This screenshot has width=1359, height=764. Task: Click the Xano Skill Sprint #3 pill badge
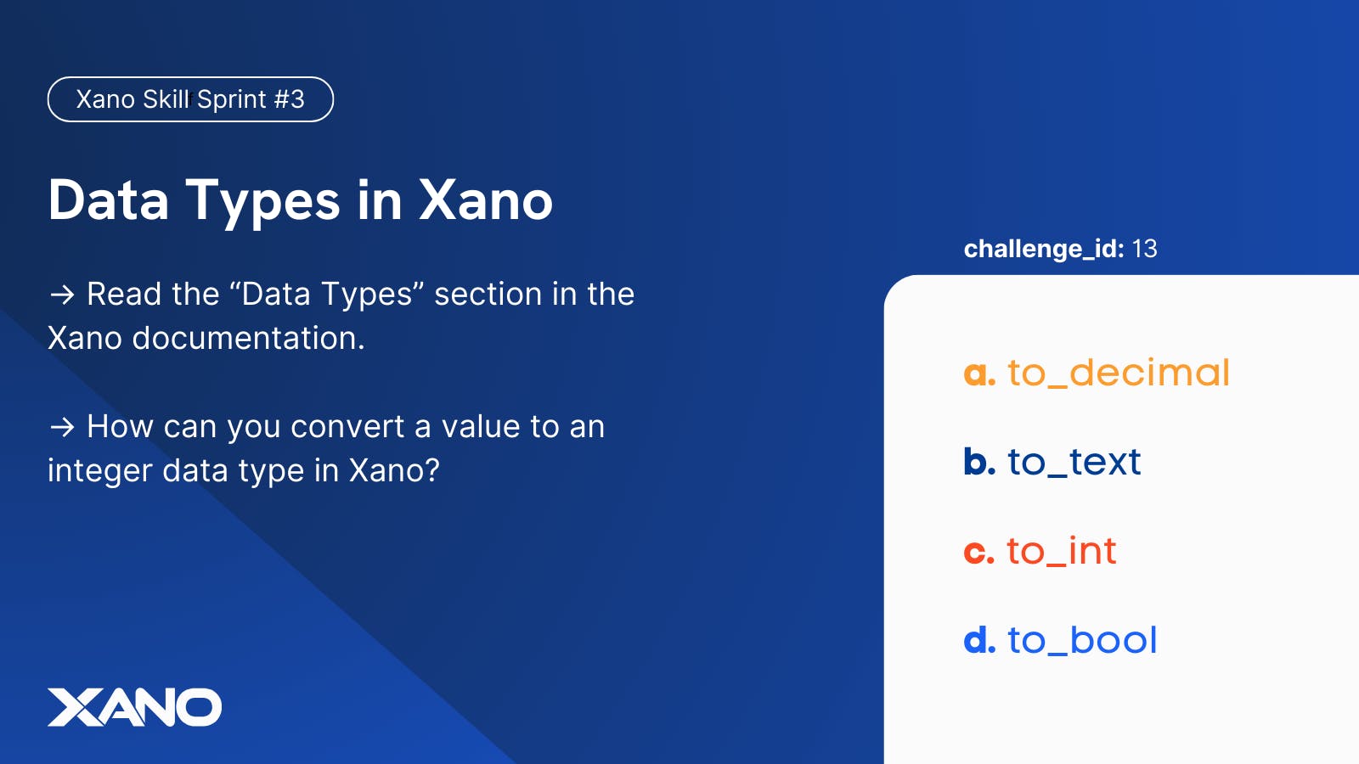(x=190, y=99)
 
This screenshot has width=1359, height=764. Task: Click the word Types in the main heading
(x=263, y=202)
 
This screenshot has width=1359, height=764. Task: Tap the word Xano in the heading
(x=486, y=200)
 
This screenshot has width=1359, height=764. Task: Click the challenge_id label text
(x=1043, y=249)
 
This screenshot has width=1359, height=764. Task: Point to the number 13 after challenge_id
(x=1144, y=249)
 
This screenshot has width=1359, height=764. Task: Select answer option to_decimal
(x=1118, y=373)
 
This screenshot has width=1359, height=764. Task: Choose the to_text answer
(x=1074, y=462)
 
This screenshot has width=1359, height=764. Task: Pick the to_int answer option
(x=1061, y=551)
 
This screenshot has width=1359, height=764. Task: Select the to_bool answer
(x=1082, y=640)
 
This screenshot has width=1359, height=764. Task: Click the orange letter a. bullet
(x=978, y=374)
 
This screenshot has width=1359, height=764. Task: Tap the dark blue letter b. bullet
(x=978, y=462)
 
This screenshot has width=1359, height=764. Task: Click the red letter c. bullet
(x=978, y=552)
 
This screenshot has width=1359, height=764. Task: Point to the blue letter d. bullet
(x=978, y=640)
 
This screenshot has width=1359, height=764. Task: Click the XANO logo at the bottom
(x=134, y=707)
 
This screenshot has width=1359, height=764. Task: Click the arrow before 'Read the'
(x=62, y=295)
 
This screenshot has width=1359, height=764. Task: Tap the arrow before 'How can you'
(x=62, y=426)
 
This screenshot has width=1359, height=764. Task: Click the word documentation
(x=248, y=338)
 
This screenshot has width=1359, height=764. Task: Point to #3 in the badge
(x=289, y=99)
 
